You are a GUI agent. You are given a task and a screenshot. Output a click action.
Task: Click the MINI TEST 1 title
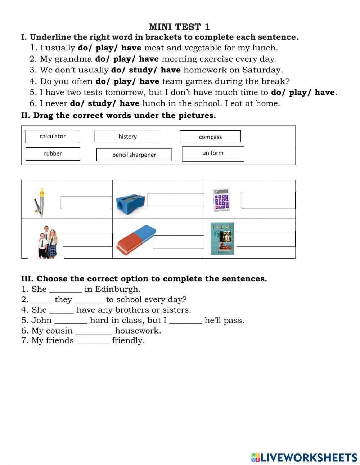coord(179,27)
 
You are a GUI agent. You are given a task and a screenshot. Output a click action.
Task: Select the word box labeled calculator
coord(53,137)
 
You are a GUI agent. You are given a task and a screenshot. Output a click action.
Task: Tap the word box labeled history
coord(127,137)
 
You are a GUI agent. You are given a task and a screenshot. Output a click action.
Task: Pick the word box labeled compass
coord(210,137)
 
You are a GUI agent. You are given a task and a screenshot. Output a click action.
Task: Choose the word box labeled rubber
coord(53,154)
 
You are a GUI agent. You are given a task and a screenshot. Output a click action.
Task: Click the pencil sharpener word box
coord(134,155)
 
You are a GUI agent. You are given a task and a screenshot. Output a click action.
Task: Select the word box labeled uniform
coord(213,153)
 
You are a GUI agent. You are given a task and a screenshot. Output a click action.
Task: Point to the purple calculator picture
coord(221,200)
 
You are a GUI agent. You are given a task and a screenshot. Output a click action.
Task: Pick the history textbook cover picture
coord(222,238)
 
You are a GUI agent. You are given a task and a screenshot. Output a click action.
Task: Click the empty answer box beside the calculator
coord(268,200)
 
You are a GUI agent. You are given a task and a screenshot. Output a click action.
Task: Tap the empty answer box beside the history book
coord(266,239)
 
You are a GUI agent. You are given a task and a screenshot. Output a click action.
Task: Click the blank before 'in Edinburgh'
coord(66,290)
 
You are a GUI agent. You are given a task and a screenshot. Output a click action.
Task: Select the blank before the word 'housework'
coord(94,331)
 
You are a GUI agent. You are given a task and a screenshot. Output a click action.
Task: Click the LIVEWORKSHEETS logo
coord(304,457)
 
